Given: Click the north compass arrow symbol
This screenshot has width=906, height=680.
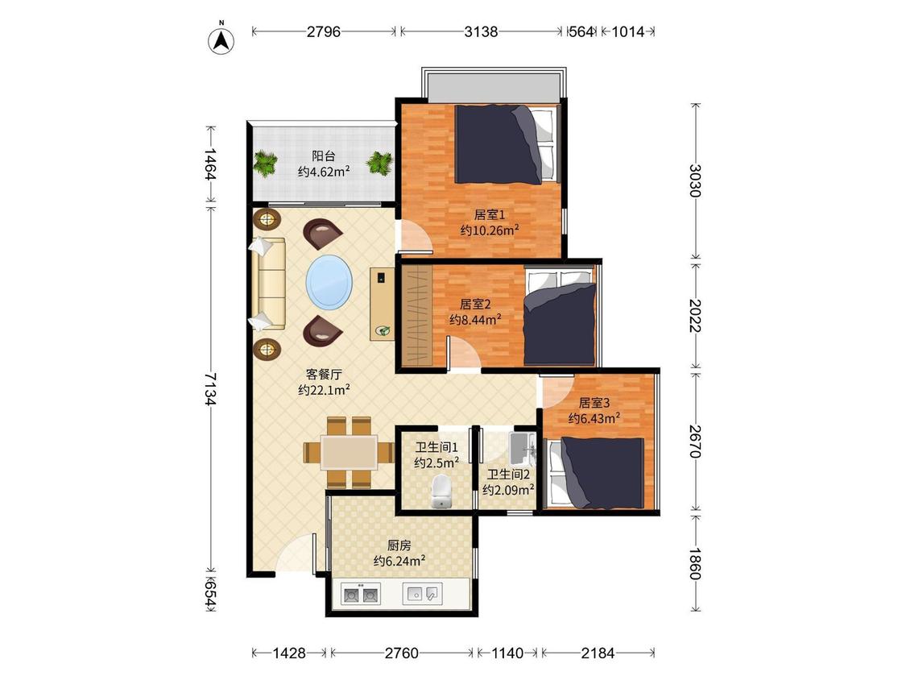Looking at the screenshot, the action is coord(221,40).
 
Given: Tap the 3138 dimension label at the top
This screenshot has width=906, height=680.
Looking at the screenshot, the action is coord(481,31).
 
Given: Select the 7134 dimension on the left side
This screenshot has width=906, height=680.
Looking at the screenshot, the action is coord(209,388).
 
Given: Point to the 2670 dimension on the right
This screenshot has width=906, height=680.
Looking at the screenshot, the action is coord(695,442).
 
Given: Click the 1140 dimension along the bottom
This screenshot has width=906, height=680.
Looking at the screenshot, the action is coord(507,653).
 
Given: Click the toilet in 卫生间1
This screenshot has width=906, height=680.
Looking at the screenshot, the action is coord(441,491).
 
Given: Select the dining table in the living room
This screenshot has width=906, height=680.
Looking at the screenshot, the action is coord(350,452).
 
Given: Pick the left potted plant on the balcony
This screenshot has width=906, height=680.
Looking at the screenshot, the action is coord(265,163).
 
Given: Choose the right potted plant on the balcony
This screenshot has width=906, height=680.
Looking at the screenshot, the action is coord(379,163).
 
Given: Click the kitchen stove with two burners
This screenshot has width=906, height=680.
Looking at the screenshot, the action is coord(361,594).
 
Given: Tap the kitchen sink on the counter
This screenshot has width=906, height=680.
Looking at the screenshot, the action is coord(422,593).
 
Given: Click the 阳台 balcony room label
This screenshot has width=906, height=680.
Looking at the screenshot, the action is coord(324,155).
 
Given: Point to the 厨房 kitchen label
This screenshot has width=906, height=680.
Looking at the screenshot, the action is coord(399,545).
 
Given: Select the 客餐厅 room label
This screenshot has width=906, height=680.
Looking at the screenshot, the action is coord(324,374).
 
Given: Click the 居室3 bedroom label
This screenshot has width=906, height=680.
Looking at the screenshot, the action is coord(594,403).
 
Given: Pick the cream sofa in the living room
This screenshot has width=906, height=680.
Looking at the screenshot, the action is coord(269,284).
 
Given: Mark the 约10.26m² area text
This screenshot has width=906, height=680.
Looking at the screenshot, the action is coord(490,230).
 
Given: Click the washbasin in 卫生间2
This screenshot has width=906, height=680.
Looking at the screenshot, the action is coord(523,447).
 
